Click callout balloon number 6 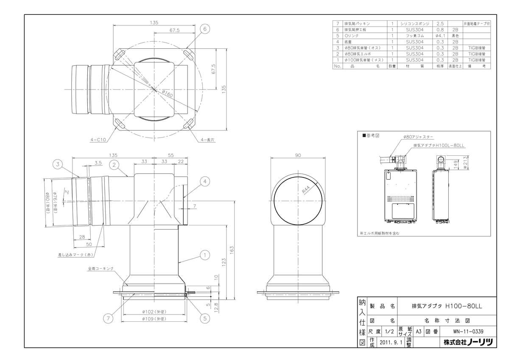(x=204, y=29)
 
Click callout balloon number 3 (x=58, y=163)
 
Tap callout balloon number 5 (x=204, y=317)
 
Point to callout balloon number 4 (x=204, y=182)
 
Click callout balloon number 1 (x=204, y=255)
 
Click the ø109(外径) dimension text (x=154, y=318)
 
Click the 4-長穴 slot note (x=207, y=139)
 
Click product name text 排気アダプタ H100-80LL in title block (x=447, y=306)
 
